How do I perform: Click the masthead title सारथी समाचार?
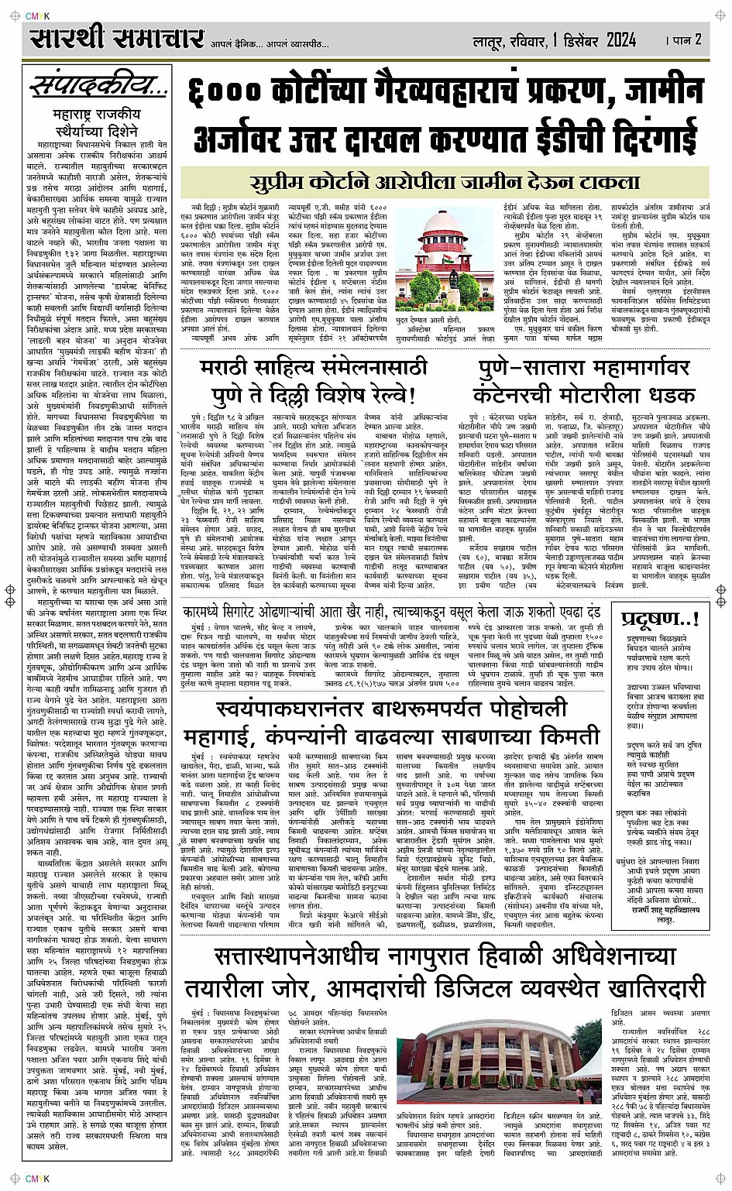pyautogui.click(x=117, y=37)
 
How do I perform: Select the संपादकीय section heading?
pyautogui.click(x=95, y=87)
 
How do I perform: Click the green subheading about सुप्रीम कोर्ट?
pyautogui.click(x=446, y=184)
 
